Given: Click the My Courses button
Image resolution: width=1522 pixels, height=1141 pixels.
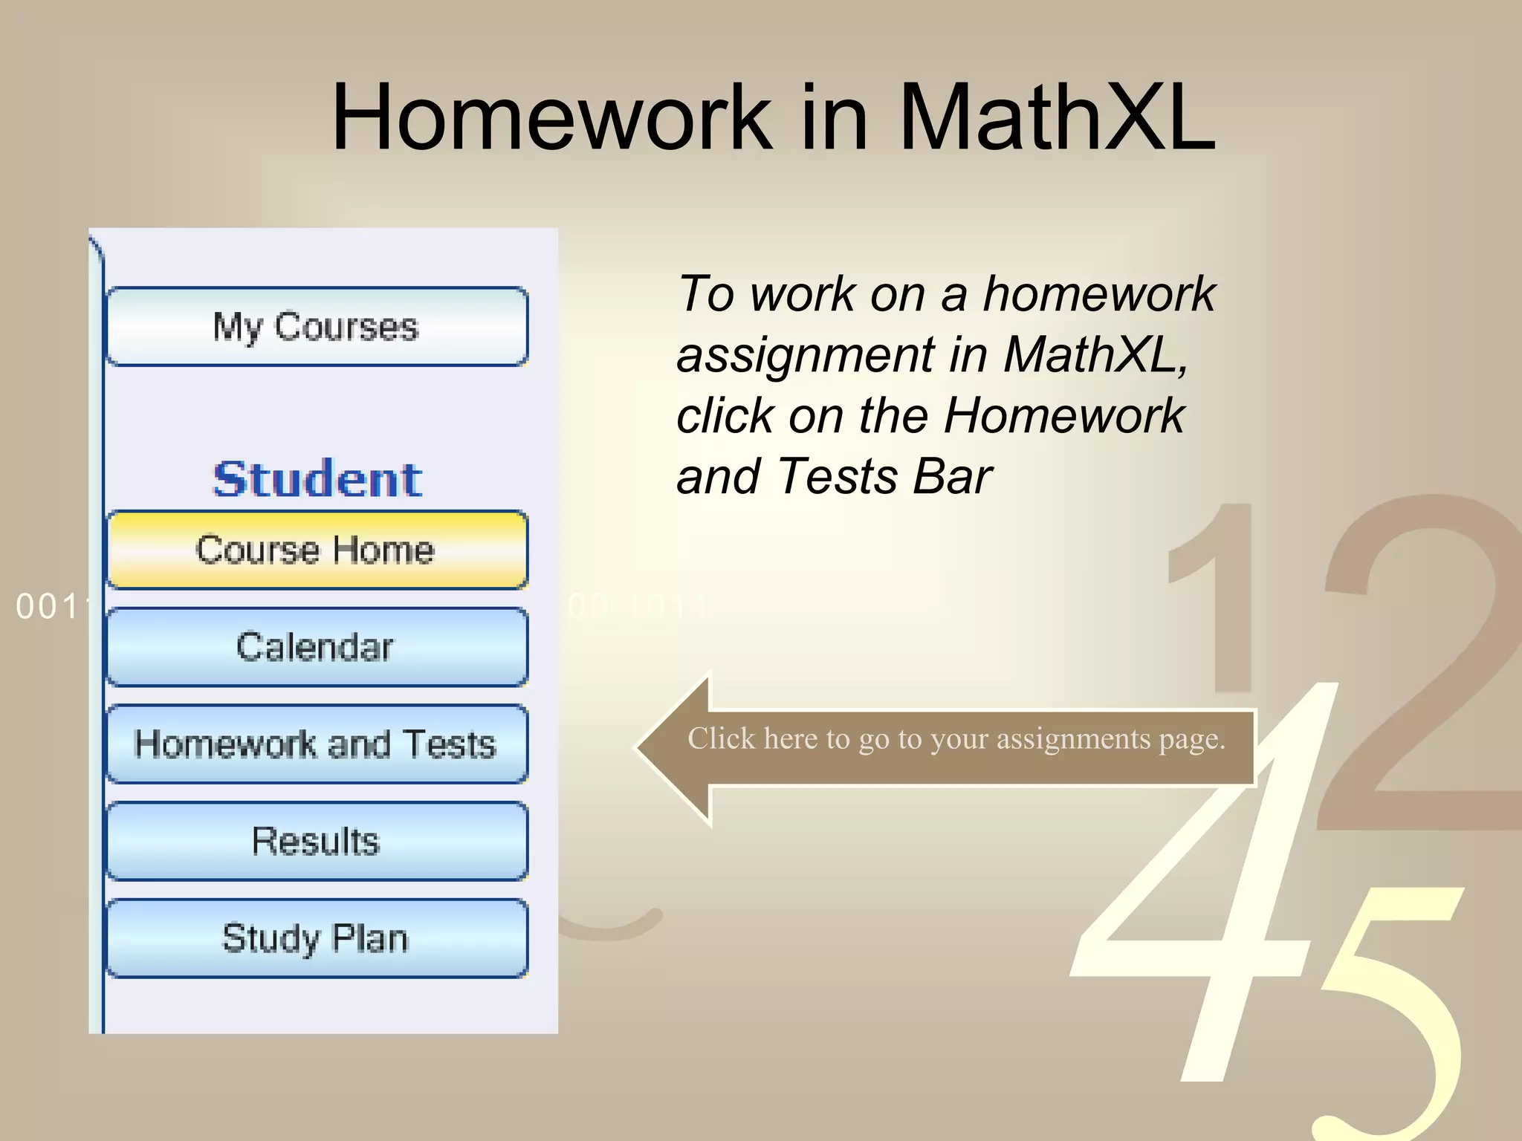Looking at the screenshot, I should click(317, 327).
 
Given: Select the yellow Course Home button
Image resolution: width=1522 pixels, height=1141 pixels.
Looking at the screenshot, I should click(317, 550).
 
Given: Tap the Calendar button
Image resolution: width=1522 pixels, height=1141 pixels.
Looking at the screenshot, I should click(317, 647).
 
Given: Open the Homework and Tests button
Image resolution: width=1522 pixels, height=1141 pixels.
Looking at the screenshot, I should click(317, 744).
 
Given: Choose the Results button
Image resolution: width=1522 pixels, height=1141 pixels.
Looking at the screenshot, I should click(317, 842).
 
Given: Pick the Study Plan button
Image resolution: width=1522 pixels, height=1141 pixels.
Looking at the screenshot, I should click(317, 938).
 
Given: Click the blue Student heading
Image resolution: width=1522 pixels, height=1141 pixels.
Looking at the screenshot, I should click(317, 479).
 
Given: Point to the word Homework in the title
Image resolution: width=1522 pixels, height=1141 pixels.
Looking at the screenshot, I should click(552, 117).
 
